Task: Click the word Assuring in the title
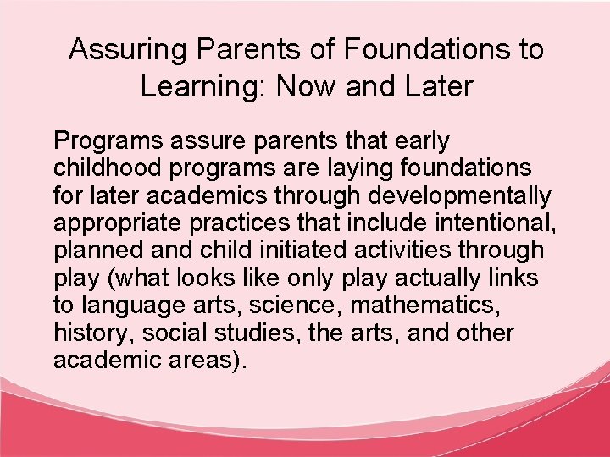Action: click(x=121, y=49)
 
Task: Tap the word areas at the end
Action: click(x=205, y=361)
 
